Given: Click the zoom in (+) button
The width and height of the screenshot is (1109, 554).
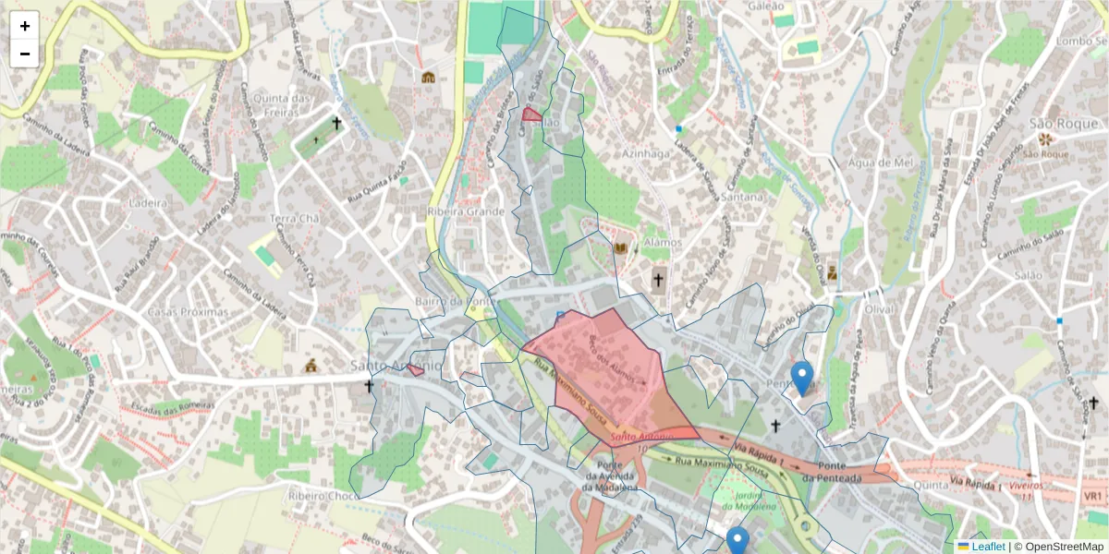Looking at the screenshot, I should pyautogui.click(x=25, y=26).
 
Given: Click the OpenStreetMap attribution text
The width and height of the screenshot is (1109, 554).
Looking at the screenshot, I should pyautogui.click(x=1064, y=547).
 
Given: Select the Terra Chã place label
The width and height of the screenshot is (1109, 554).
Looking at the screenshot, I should pyautogui.click(x=295, y=219).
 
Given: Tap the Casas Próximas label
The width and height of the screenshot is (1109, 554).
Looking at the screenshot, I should pyautogui.click(x=188, y=312).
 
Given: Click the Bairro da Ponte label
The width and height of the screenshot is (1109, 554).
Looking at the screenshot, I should pyautogui.click(x=451, y=302).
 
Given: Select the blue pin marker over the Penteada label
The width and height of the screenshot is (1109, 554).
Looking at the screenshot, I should pyautogui.click(x=802, y=378).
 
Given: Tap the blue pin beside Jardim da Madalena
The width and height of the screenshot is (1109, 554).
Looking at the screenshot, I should pyautogui.click(x=737, y=541).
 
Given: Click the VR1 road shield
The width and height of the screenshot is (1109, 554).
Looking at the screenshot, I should pyautogui.click(x=1092, y=496).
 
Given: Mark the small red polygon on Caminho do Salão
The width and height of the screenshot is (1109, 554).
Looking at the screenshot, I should pyautogui.click(x=531, y=114).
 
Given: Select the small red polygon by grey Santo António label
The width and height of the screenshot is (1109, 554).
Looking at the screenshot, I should pyautogui.click(x=416, y=369).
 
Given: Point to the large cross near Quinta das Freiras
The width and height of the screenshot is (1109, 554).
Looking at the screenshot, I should pyautogui.click(x=337, y=123).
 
